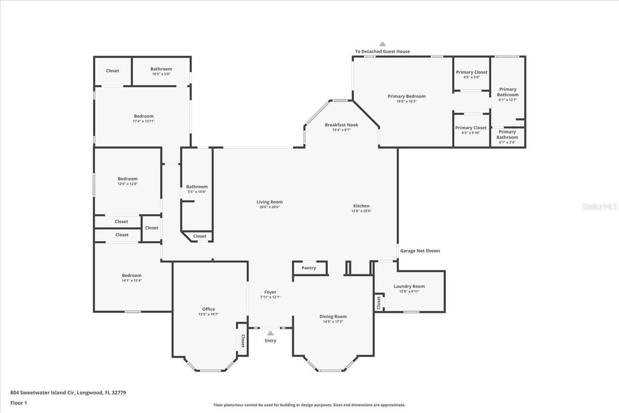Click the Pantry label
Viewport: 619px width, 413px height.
(x=309, y=268)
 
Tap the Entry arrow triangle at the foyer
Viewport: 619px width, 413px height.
(x=270, y=333)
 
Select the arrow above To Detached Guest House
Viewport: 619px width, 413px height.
(x=383, y=44)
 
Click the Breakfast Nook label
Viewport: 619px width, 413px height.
(x=341, y=125)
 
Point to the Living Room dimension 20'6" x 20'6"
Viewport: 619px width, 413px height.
(x=269, y=207)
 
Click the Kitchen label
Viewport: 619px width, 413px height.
(x=361, y=206)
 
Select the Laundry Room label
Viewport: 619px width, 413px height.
(x=409, y=286)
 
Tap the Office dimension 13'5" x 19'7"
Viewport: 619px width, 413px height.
(x=208, y=314)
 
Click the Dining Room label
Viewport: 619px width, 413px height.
(x=333, y=316)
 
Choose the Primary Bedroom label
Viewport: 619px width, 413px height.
(x=407, y=96)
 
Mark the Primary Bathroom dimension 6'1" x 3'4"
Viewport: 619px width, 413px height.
(x=507, y=142)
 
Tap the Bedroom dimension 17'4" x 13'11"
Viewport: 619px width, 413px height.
(x=144, y=121)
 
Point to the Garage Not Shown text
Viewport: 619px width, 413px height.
(x=420, y=251)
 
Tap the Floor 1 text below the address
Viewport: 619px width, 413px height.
(x=19, y=402)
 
